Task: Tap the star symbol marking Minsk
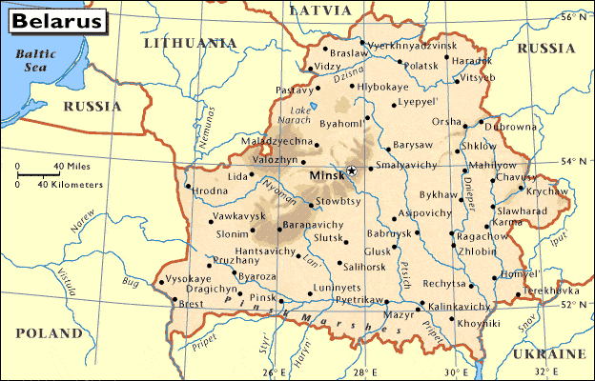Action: [x=351, y=170]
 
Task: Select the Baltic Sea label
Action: [x=29, y=60]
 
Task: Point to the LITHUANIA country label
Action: [x=189, y=43]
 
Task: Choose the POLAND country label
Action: [x=49, y=333]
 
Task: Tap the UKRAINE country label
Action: [x=547, y=353]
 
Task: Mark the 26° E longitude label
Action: [x=275, y=371]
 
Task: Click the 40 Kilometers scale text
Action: [x=71, y=184]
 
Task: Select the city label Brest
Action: [x=192, y=304]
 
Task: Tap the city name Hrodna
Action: [x=211, y=190]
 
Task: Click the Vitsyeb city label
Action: [x=477, y=76]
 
